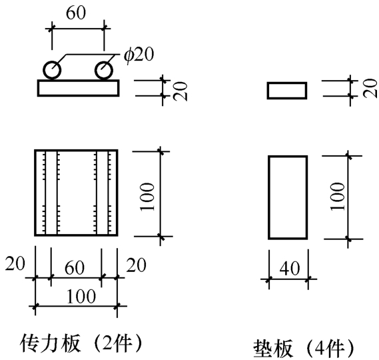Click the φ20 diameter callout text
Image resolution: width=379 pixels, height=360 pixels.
(139, 55)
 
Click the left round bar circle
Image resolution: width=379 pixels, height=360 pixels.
(44, 70)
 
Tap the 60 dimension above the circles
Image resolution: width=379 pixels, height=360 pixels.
(76, 13)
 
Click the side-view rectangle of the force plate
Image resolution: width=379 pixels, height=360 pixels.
(37, 88)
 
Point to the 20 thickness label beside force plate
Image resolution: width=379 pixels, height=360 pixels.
(181, 91)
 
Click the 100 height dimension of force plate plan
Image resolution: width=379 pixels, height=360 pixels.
(147, 197)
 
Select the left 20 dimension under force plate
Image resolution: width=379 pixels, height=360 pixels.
(15, 263)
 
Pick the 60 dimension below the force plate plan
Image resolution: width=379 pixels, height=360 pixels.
(75, 267)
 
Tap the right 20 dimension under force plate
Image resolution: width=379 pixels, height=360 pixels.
(137, 265)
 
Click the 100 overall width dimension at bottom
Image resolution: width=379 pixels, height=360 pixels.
(81, 297)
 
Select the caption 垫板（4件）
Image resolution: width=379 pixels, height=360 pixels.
(303, 349)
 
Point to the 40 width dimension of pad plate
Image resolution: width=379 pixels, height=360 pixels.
(290, 268)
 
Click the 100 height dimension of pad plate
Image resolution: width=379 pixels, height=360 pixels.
(338, 197)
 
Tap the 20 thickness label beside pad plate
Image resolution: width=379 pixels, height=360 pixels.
(370, 88)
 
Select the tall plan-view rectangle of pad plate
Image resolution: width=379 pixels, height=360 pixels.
(268, 197)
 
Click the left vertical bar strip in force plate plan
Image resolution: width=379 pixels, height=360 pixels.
(51, 193)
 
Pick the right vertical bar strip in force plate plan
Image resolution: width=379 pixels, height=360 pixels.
(102, 193)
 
